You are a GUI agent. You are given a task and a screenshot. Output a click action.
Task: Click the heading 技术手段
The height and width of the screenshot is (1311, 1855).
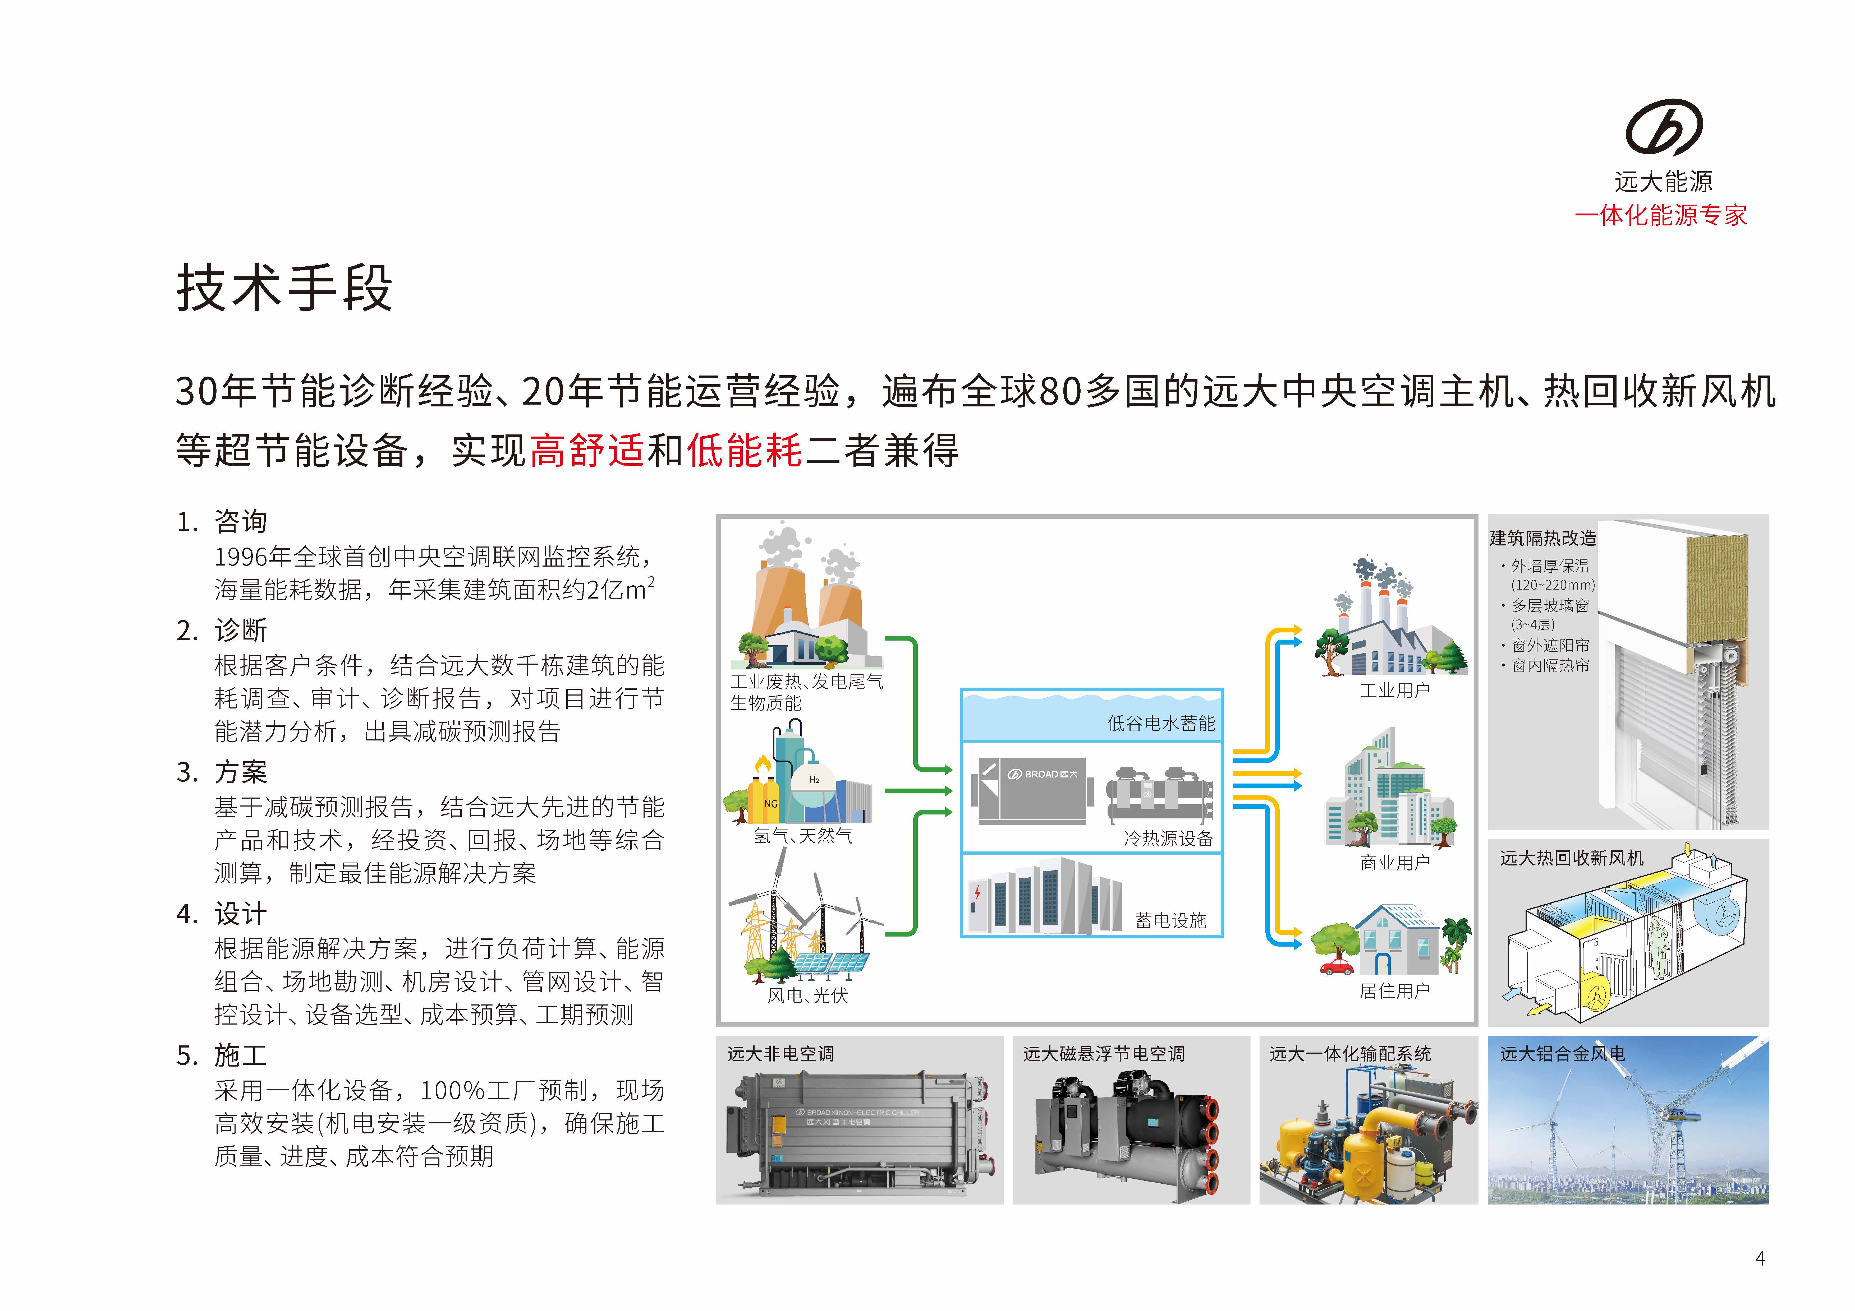(284, 288)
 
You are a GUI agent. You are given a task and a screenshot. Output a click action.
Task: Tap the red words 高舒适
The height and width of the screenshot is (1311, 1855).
(587, 450)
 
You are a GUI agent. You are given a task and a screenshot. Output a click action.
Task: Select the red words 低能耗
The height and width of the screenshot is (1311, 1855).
(744, 450)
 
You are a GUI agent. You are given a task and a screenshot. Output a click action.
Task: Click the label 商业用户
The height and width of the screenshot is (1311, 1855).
(1394, 863)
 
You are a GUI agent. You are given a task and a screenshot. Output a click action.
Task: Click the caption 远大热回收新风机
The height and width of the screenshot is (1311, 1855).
(1571, 858)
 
